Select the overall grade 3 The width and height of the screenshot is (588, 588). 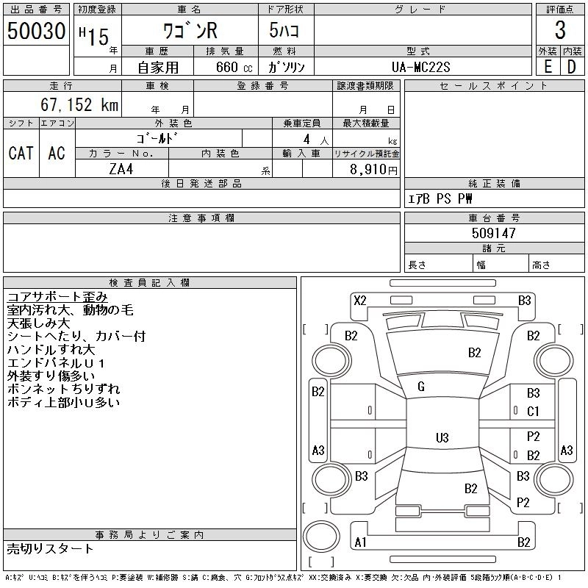click(560, 31)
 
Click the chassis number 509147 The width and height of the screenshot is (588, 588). click(494, 233)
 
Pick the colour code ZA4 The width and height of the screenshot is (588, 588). click(121, 168)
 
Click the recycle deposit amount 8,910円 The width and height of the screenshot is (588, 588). click(374, 169)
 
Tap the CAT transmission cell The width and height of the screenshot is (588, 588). click(21, 153)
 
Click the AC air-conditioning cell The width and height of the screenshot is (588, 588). click(57, 153)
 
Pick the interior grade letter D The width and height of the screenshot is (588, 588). click(572, 67)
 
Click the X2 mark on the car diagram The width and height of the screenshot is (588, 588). click(360, 300)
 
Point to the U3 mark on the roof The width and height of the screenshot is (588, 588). click(442, 438)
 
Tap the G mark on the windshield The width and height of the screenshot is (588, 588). click(421, 387)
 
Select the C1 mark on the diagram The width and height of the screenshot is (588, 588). click(533, 412)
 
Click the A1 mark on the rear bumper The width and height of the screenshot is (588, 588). click(360, 542)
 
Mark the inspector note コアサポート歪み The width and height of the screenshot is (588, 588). click(57, 297)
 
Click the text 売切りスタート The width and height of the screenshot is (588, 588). click(50, 548)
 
